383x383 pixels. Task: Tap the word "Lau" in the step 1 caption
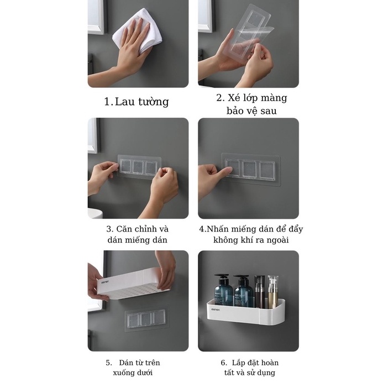[x=124, y=102]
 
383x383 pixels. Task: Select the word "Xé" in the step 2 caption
[x=234, y=98]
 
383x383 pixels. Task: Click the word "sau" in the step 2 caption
[x=269, y=111]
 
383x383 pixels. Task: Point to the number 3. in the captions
[x=110, y=229]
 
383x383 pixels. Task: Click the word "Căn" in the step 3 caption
[x=124, y=229]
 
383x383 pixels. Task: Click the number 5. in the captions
[x=109, y=363]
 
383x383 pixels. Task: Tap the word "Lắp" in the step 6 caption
[x=238, y=363]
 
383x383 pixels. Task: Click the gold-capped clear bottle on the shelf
[x=273, y=291]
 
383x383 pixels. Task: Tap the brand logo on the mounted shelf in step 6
[x=216, y=309]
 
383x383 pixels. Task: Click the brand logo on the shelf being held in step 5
[x=105, y=282]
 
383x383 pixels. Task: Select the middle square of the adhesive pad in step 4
[x=249, y=169]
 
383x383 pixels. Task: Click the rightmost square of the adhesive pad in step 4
[x=267, y=170]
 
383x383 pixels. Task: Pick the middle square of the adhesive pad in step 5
[x=146, y=319]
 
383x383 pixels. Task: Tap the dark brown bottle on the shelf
[x=260, y=291]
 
